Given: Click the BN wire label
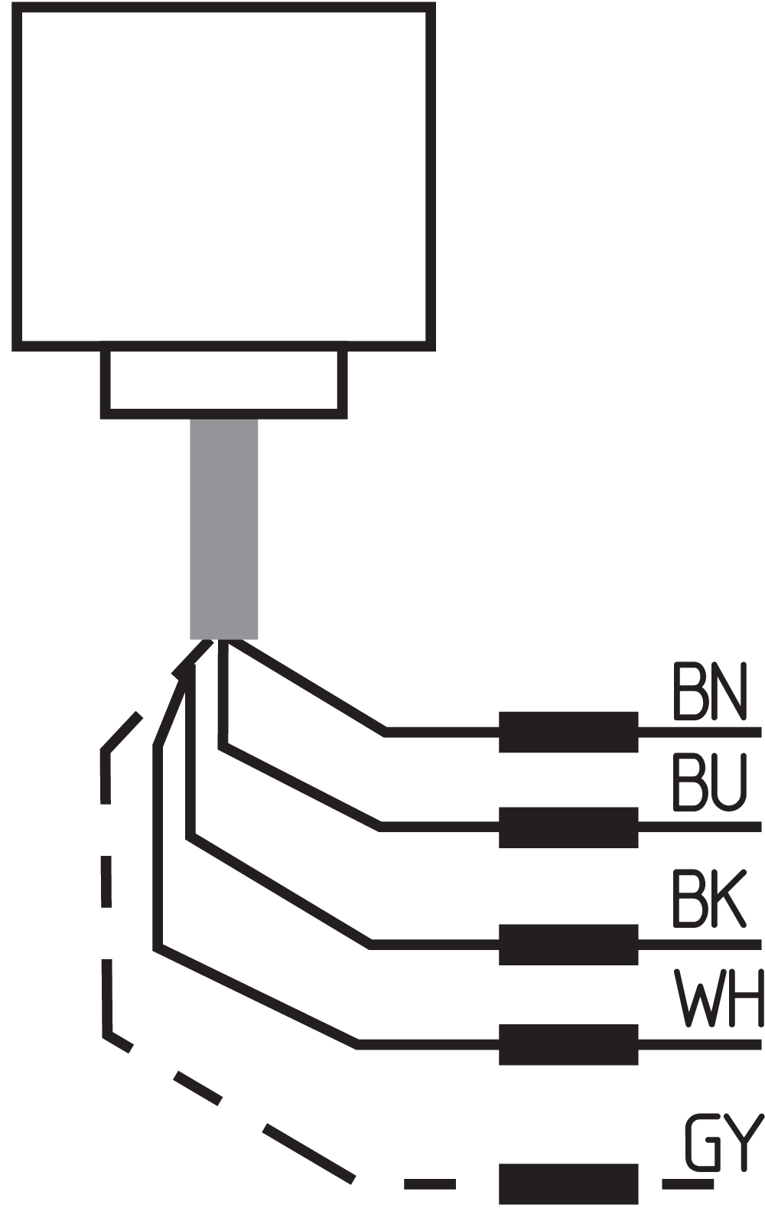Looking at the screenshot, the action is pyautogui.click(x=710, y=691).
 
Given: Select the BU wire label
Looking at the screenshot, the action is pyautogui.click(x=710, y=782).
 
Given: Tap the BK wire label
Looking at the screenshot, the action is pyautogui.click(x=709, y=898).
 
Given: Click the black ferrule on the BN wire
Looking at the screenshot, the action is pyautogui.click(x=568, y=732).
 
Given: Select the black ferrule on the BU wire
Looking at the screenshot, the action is pyautogui.click(x=568, y=828).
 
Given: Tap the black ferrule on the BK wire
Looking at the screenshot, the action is pyautogui.click(x=568, y=945).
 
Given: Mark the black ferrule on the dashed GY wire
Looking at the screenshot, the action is pyautogui.click(x=568, y=1184).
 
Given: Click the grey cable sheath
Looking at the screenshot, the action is pyautogui.click(x=224, y=529).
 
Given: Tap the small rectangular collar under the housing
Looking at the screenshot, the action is pyautogui.click(x=223, y=384).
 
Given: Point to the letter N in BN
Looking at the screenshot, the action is pyautogui.click(x=730, y=691).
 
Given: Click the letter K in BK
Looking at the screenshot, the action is pyautogui.click(x=730, y=898).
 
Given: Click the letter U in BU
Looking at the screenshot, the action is pyautogui.click(x=730, y=782).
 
